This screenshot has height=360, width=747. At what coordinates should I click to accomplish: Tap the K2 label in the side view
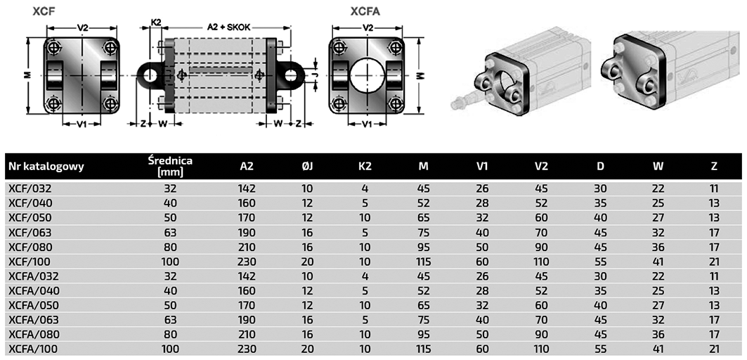tap(156, 22)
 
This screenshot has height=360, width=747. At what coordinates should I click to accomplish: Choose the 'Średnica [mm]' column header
tap(170, 167)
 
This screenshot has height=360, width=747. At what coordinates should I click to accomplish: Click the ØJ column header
tap(307, 167)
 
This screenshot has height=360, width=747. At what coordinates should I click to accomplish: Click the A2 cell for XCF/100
tap(247, 262)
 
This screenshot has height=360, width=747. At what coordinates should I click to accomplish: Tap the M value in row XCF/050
tap(424, 218)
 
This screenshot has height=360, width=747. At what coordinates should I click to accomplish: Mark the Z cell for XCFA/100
tap(714, 349)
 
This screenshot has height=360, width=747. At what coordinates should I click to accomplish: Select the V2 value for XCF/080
tap(541, 247)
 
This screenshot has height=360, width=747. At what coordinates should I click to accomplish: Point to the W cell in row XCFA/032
tap(658, 276)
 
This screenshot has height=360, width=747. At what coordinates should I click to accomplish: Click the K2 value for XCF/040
tap(365, 203)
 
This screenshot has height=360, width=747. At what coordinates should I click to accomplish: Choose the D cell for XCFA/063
tap(600, 319)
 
